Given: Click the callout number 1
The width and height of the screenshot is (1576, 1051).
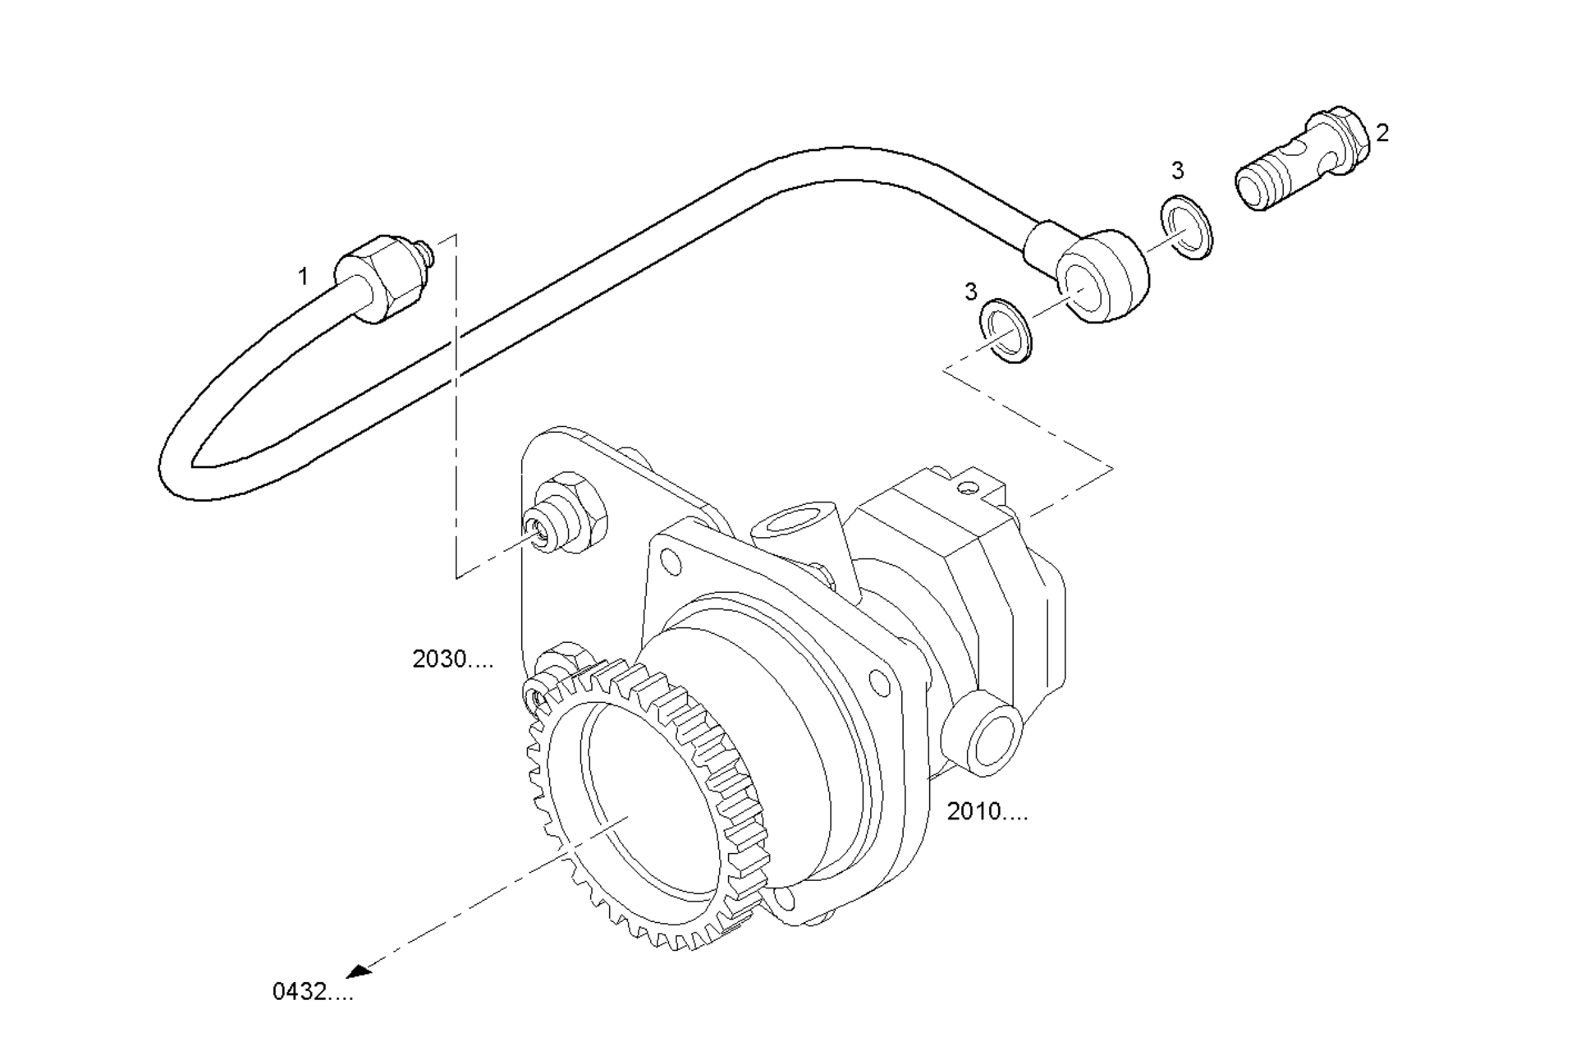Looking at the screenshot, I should pyautogui.click(x=303, y=277).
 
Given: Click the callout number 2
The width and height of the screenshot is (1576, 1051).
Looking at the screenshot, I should pyautogui.click(x=1382, y=133).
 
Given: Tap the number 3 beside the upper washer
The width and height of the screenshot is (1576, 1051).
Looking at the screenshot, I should pyautogui.click(x=1178, y=171).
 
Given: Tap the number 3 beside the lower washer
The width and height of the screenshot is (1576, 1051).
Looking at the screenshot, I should pyautogui.click(x=971, y=291).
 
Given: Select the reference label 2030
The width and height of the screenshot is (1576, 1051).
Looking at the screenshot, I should pyautogui.click(x=452, y=659).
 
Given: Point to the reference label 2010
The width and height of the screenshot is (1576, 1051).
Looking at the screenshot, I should pyautogui.click(x=987, y=811).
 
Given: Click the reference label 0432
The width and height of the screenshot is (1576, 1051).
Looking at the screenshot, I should pyautogui.click(x=313, y=992).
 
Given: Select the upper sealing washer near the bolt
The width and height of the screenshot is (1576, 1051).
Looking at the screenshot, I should pyautogui.click(x=1187, y=227).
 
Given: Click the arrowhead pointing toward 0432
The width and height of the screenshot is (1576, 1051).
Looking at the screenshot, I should pyautogui.click(x=358, y=971).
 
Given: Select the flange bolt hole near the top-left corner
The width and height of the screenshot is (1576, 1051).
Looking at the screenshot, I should pyautogui.click(x=671, y=562).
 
